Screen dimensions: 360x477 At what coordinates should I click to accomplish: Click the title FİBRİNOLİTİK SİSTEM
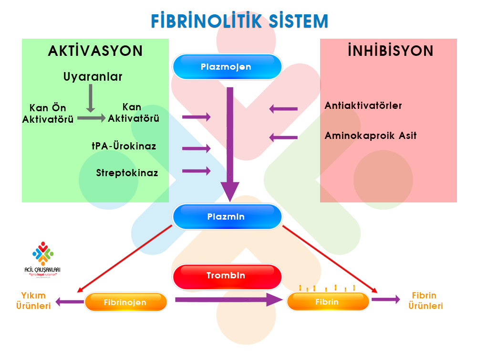click(239, 21)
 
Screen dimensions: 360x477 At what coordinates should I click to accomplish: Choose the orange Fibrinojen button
click(125, 302)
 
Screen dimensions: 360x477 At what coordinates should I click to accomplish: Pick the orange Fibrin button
click(327, 302)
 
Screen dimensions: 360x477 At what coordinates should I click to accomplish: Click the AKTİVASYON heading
click(95, 51)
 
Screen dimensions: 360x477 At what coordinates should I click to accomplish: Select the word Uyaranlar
click(93, 76)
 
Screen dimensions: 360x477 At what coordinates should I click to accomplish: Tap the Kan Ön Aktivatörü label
click(48, 114)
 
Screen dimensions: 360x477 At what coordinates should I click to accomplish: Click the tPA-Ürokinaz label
click(124, 146)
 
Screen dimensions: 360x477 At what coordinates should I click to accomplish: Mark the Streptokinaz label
click(127, 172)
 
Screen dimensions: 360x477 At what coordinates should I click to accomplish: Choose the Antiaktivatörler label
click(363, 106)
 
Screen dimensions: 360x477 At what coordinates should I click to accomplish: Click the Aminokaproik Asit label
click(371, 136)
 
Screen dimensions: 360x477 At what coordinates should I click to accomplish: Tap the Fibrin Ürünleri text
click(425, 301)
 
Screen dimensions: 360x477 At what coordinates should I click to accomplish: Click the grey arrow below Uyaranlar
click(90, 102)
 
